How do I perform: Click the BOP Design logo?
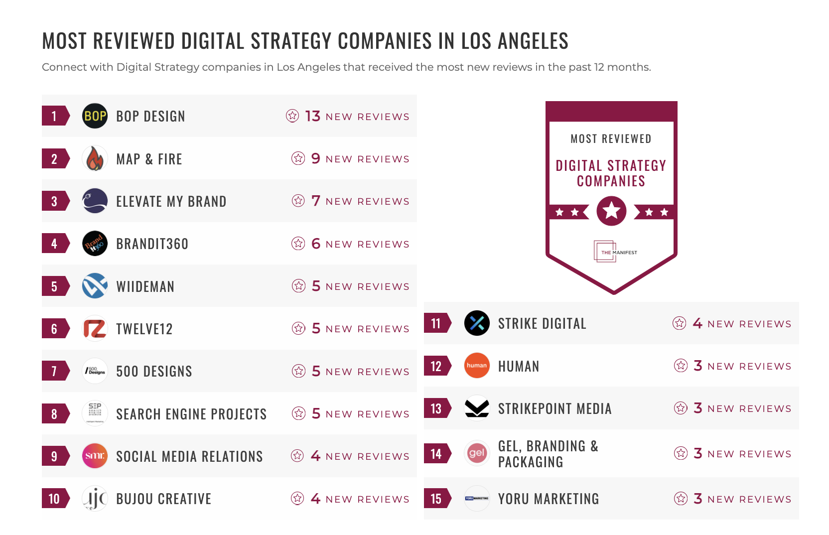[x=95, y=116]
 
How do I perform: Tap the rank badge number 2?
[x=54, y=159]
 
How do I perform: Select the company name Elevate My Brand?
[x=171, y=202]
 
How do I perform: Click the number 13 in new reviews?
[x=312, y=116]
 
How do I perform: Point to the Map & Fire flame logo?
[x=95, y=159]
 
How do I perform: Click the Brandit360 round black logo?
[x=95, y=244]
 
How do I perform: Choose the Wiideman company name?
[x=145, y=286]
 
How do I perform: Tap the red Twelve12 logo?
[x=95, y=329]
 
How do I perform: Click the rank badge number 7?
[x=54, y=371]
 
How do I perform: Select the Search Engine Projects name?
[x=191, y=414]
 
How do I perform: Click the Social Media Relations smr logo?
[x=95, y=456]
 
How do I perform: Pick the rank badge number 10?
[x=54, y=499]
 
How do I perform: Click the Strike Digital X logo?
[x=477, y=323]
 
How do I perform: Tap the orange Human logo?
[x=477, y=366]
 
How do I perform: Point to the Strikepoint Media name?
[x=554, y=409]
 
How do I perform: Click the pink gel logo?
[x=477, y=453]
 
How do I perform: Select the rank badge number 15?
[x=436, y=499]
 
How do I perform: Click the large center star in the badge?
[x=611, y=211]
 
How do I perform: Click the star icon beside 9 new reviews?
[x=298, y=158]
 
